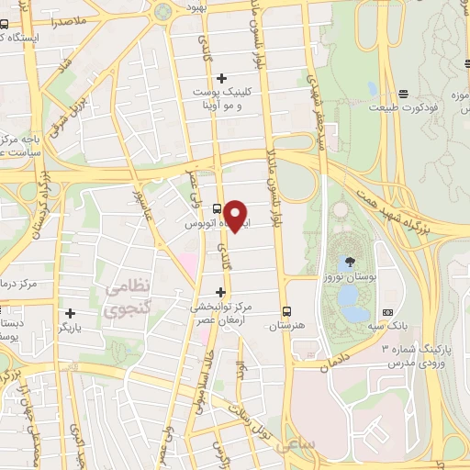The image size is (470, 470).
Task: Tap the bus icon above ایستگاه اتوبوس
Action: [217, 207]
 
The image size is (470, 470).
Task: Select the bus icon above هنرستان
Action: [288, 310]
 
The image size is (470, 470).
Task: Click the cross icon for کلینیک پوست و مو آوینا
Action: [221, 78]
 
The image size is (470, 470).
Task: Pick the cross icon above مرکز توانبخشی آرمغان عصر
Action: [219, 292]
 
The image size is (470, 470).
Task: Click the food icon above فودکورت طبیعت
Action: [404, 94]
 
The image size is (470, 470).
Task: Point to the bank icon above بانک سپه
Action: [387, 311]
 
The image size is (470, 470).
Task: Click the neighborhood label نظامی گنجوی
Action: [124, 298]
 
